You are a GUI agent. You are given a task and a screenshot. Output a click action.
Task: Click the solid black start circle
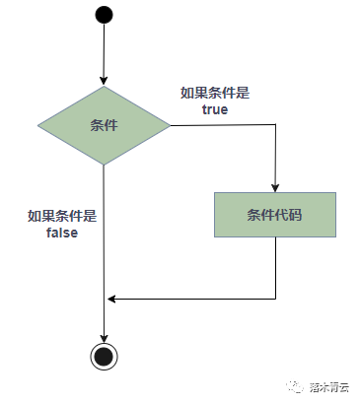coord(104,16)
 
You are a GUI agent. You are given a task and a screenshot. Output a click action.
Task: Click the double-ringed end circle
coord(104,355)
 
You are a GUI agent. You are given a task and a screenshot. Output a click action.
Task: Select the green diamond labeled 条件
coord(104,126)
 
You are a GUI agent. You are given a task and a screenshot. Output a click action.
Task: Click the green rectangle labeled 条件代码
coord(275,214)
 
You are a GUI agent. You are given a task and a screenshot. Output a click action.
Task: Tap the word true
coord(214,109)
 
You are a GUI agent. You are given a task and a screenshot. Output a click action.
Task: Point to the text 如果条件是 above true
coord(214,94)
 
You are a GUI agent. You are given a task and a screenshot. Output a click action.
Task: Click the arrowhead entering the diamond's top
coord(104,82)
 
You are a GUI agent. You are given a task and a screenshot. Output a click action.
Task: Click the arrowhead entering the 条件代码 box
coord(275,185)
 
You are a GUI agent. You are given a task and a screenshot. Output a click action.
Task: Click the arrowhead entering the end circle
coord(104,334)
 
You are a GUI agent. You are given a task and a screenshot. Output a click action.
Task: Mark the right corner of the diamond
coord(170,126)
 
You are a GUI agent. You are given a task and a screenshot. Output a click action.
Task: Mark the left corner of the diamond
coord(37,126)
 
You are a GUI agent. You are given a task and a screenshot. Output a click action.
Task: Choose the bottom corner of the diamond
coord(104,165)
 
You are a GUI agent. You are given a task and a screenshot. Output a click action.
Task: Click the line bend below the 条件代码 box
coord(275,297)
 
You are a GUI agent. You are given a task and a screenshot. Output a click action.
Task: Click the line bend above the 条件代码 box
coord(275,126)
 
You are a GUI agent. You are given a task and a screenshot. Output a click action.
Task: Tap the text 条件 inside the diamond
coord(104,126)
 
